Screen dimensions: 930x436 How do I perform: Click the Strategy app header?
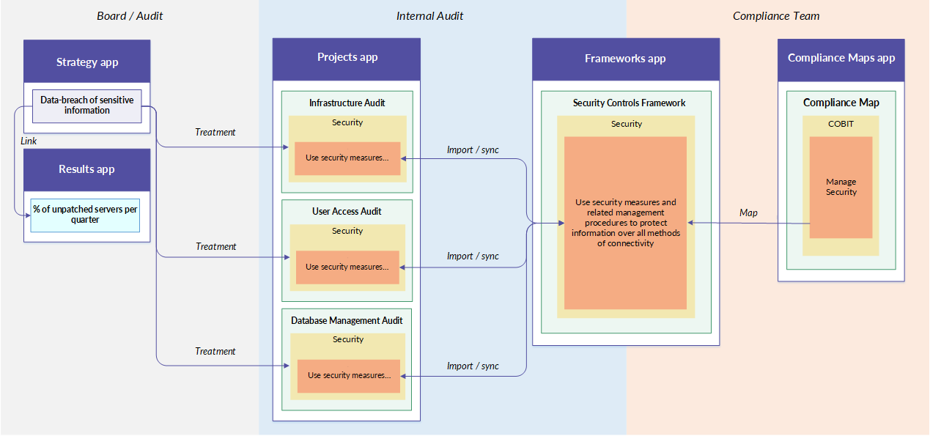coord(86,62)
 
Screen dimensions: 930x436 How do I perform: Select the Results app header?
coord(86,170)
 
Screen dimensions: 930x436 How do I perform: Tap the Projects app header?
coord(347,59)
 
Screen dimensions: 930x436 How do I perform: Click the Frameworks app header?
coord(626,59)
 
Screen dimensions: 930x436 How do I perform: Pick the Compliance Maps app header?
coord(841,60)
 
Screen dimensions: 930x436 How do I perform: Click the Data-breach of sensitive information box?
coord(86,106)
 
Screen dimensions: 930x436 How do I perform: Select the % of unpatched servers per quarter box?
coord(85,215)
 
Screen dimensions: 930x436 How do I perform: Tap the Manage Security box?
coord(841,188)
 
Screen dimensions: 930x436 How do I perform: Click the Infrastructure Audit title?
coord(347,103)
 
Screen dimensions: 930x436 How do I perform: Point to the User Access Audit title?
coord(347,211)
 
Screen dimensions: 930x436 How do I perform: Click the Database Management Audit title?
coord(347,320)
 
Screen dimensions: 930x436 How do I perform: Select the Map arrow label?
coord(748,213)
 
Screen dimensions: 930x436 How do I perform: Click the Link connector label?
coord(29,141)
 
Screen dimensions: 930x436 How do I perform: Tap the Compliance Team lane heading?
coord(776,16)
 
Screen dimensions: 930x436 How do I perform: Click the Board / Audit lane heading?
coord(130,16)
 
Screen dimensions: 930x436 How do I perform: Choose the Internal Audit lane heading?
coord(429,16)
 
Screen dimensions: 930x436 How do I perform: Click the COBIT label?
coord(841,124)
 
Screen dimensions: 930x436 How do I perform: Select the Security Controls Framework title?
coord(629,103)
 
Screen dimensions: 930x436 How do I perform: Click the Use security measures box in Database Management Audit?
coord(349,376)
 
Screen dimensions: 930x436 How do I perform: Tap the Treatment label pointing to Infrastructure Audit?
coord(215,133)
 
